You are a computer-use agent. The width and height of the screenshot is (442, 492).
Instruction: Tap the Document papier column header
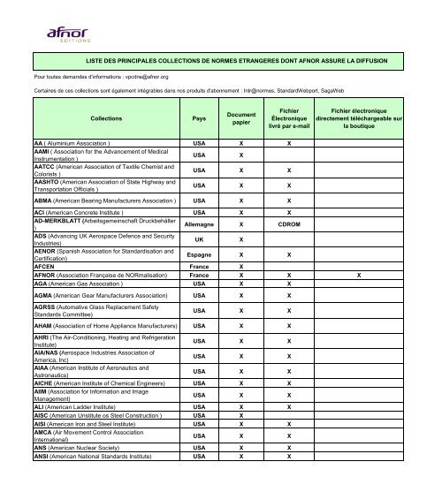(241, 117)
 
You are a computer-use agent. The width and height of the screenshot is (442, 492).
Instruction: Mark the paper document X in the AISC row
(241, 439)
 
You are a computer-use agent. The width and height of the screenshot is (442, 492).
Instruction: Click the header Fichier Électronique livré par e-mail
(288, 117)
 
